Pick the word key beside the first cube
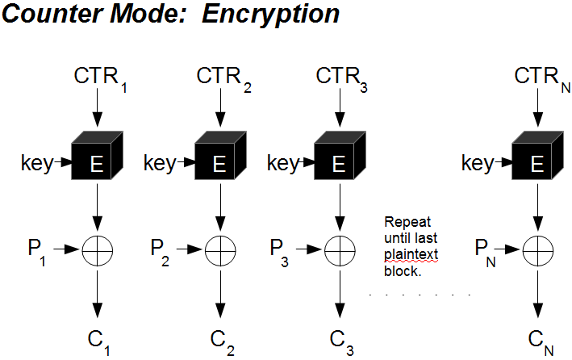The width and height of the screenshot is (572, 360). pos(36,164)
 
